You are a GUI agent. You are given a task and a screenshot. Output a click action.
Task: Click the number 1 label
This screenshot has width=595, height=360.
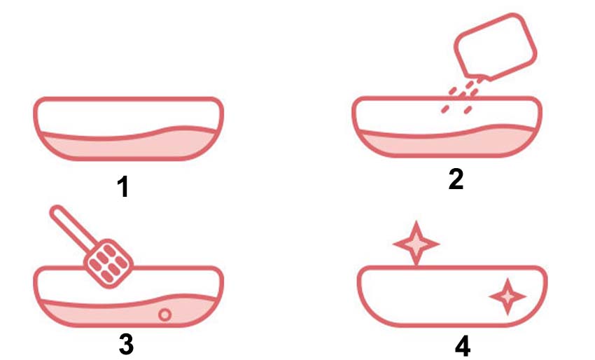[123, 186]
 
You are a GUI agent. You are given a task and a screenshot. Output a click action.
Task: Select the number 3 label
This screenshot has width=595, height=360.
[126, 344]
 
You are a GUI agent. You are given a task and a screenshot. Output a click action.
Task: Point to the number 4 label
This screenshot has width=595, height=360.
[463, 346]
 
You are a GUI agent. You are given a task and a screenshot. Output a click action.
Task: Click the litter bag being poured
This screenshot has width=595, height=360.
[495, 47]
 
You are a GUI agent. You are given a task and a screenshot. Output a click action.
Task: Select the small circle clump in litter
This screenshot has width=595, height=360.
[164, 314]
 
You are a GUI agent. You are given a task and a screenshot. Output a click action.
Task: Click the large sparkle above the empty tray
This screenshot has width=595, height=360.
[416, 244]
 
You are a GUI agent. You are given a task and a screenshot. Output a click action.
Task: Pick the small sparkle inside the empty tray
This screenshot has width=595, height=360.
[507, 296]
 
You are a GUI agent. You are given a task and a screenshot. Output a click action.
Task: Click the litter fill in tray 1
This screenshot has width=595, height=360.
[129, 146]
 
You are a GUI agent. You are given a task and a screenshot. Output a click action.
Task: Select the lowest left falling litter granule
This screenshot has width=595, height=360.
[445, 109]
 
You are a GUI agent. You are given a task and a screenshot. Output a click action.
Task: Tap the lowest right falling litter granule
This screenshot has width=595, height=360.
[468, 110]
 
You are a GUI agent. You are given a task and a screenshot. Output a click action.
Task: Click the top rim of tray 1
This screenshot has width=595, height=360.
[128, 99]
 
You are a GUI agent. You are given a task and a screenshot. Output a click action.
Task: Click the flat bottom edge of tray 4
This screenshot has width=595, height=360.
[452, 325]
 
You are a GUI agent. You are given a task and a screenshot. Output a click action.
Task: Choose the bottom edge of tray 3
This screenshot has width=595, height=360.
[128, 325]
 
